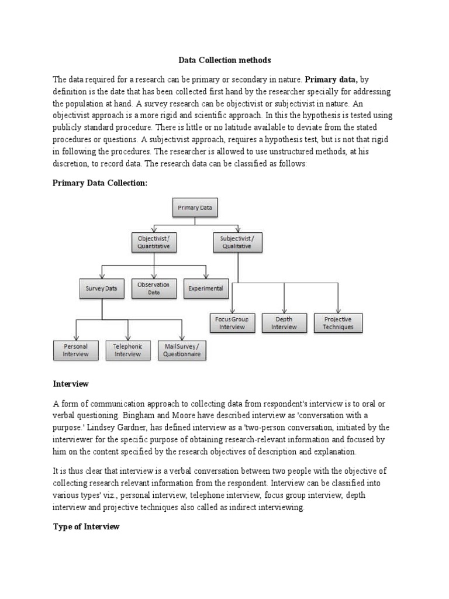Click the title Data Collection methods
[224, 60]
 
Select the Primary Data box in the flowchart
[195, 208]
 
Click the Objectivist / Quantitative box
[154, 243]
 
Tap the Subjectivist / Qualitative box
[237, 243]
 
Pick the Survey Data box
[102, 288]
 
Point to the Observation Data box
[154, 288]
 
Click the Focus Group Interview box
[232, 323]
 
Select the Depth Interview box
[284, 323]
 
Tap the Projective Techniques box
[338, 323]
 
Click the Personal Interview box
[76, 350]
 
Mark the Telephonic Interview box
[128, 350]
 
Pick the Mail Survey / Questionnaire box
[182, 350]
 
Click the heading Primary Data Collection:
[101, 183]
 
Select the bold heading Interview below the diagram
[71, 384]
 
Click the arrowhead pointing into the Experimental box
[206, 277]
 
